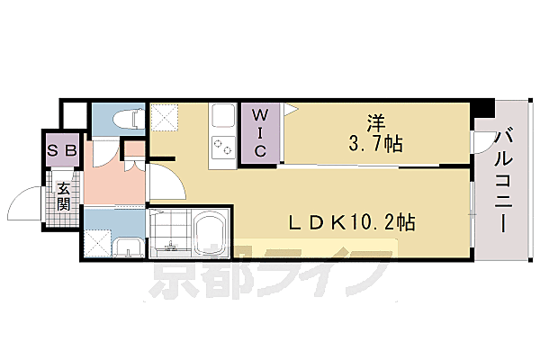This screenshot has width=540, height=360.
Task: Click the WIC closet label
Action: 259,133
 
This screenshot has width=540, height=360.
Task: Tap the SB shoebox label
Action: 63,151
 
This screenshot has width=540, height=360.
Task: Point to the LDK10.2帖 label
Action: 351,220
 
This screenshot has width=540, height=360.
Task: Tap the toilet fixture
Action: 126,116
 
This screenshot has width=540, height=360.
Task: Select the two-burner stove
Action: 221,149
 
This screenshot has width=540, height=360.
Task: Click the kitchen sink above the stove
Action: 221,118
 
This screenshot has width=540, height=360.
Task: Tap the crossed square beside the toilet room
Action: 165,117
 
